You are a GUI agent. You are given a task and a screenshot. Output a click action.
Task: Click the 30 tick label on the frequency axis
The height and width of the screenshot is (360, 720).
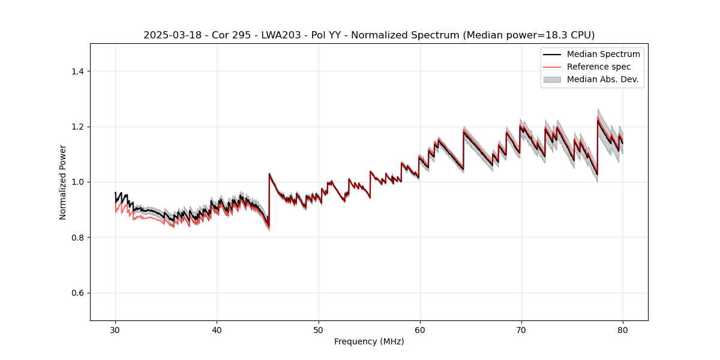tap(115, 329)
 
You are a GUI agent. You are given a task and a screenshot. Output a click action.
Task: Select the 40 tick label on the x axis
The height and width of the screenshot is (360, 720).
tap(217, 329)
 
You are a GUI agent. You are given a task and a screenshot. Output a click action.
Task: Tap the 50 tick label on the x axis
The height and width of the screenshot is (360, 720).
tap(319, 329)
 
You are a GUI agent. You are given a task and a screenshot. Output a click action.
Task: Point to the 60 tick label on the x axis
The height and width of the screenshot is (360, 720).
tap(420, 329)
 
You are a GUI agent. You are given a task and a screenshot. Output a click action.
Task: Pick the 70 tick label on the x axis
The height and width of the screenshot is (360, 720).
tap(521, 329)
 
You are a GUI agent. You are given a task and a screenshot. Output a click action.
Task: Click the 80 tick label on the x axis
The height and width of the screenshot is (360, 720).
tap(623, 329)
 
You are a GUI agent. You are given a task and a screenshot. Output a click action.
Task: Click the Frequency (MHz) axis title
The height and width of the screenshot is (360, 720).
tap(369, 341)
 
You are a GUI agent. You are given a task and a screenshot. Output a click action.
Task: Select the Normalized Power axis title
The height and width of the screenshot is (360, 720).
tap(63, 182)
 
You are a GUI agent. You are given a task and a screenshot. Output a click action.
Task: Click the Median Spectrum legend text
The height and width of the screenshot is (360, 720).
tap(603, 54)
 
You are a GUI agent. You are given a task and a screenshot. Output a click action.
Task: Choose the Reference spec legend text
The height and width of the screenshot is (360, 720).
tap(598, 67)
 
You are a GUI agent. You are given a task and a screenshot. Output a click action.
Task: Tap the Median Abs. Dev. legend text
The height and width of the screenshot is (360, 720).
tap(602, 79)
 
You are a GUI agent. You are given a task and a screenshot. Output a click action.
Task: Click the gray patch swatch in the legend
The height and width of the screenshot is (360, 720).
tap(552, 79)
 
